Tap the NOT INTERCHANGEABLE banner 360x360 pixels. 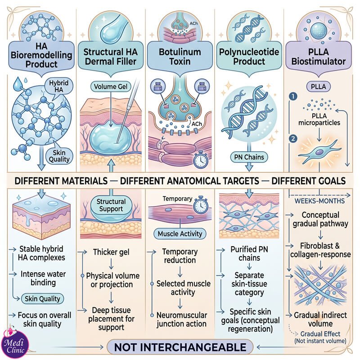180,347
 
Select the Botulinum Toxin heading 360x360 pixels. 180,57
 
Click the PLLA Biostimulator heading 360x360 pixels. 318,57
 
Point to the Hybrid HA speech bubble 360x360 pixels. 59,86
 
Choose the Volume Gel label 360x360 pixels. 111,86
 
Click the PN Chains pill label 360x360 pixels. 249,157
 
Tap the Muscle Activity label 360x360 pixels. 180,234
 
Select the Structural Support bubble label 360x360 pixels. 111,205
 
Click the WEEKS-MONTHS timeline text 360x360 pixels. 319,201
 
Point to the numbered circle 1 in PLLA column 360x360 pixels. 293,96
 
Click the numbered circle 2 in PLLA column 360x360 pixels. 293,139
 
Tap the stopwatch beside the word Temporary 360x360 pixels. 201,204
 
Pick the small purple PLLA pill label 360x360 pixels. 318,86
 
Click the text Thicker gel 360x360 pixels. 111,252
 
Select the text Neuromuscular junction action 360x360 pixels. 182,319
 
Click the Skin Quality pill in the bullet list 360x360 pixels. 42,299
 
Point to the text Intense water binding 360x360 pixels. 43,278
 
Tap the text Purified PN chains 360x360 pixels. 249,253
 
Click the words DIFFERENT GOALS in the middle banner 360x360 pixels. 309,181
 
